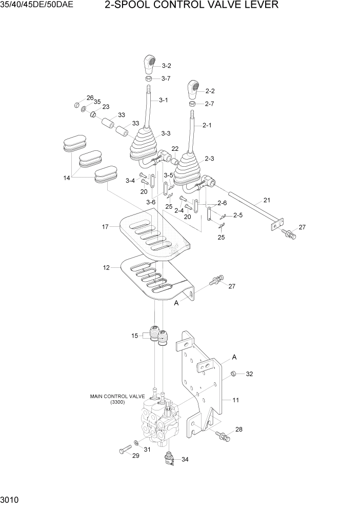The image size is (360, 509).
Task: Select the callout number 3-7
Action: [166, 79]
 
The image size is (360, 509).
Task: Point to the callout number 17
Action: [106, 226]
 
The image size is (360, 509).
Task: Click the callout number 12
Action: [106, 268]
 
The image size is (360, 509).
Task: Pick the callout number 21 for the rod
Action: [267, 200]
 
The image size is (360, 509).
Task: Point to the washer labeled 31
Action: [135, 442]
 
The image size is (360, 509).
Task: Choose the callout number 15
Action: [135, 336]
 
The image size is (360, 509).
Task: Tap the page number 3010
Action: [10, 499]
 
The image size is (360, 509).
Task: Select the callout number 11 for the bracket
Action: [236, 400]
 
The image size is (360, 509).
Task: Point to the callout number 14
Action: [67, 178]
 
